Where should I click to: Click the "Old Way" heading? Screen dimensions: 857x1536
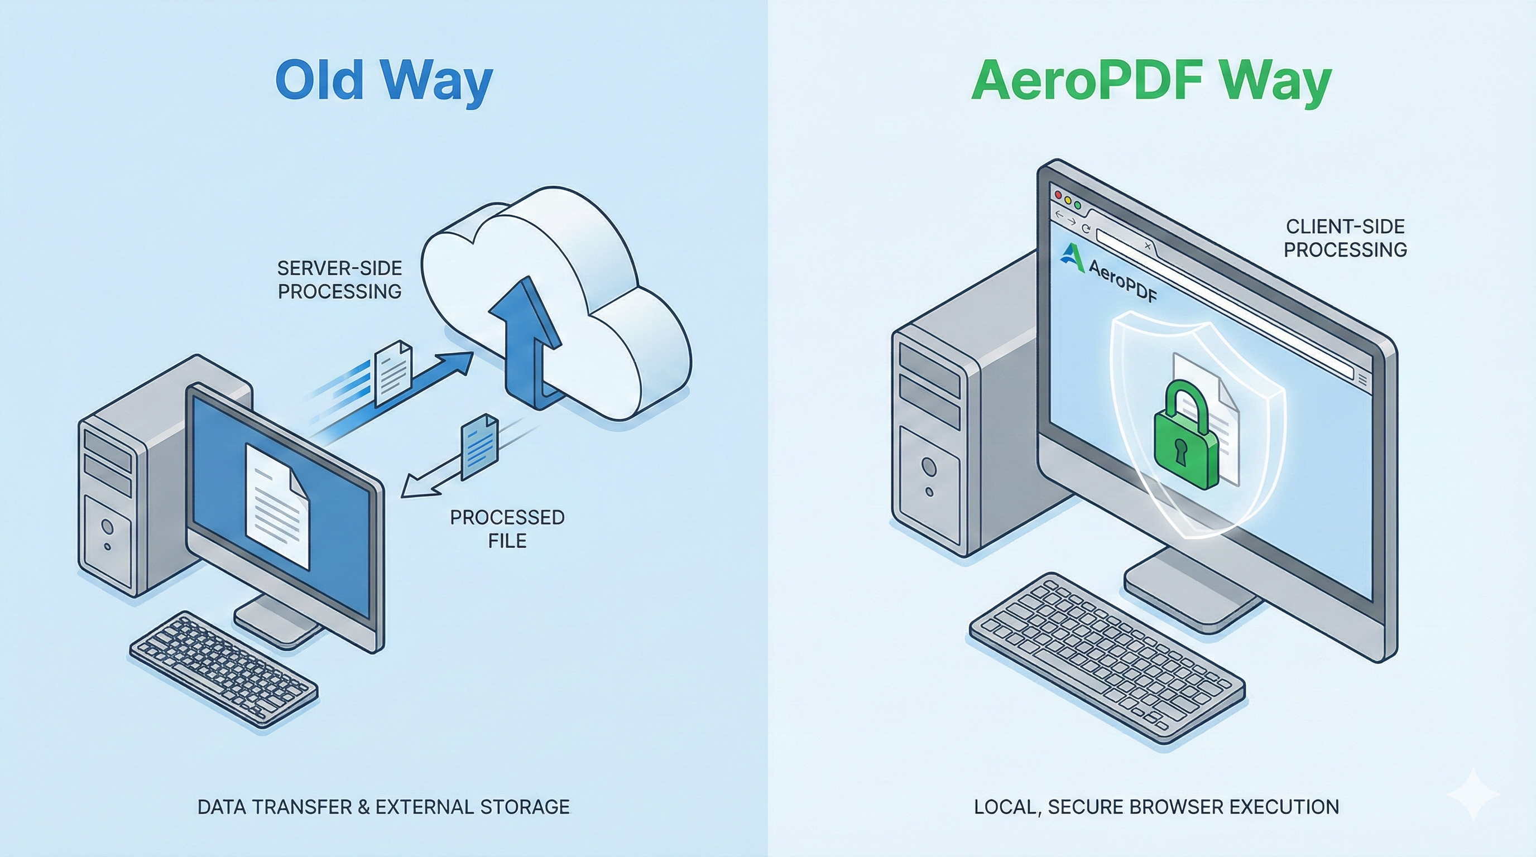(x=384, y=80)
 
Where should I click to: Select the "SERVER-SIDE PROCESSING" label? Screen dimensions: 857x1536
(x=340, y=280)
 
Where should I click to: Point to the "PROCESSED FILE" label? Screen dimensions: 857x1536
(x=507, y=528)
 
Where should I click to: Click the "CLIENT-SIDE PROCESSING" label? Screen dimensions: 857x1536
(x=1345, y=238)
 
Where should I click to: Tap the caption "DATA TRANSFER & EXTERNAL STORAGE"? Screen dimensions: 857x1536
(x=383, y=807)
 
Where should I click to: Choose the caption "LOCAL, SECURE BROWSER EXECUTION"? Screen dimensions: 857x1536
(x=1156, y=807)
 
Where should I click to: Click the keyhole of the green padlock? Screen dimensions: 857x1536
(x=1181, y=452)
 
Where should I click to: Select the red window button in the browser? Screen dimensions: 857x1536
(x=1059, y=195)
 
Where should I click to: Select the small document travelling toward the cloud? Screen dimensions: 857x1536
(x=392, y=370)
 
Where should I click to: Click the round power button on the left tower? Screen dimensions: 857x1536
(x=107, y=526)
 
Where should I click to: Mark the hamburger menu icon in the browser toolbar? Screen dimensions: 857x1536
(x=1362, y=379)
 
